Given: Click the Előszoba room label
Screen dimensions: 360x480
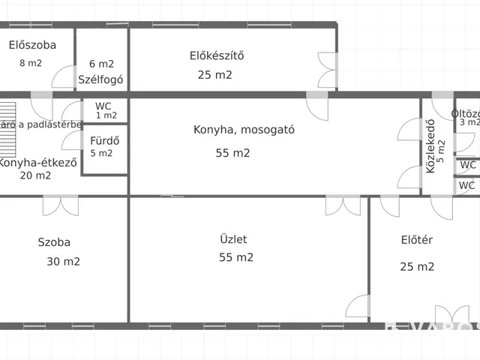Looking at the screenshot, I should [32, 45].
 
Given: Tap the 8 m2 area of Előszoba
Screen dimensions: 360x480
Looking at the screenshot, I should [31, 63].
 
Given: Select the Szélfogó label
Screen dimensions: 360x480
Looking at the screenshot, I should [100, 79].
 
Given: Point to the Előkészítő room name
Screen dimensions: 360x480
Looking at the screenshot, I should [217, 55].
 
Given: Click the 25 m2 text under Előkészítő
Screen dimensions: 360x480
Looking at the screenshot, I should [215, 75].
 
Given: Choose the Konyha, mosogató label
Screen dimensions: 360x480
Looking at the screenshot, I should [244, 129].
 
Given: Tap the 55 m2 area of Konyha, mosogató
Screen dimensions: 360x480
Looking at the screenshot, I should [232, 153].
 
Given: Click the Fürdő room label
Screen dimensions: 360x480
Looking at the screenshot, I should [103, 140].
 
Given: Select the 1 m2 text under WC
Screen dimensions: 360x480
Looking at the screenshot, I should [106, 115].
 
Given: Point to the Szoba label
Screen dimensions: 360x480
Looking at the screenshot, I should [54, 242].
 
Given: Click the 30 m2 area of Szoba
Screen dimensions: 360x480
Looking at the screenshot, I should [63, 262].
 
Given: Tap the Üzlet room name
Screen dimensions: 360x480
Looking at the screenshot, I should [233, 240].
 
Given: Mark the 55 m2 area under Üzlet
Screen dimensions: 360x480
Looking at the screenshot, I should [236, 257].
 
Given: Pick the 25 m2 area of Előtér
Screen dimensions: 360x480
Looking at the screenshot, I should [417, 266].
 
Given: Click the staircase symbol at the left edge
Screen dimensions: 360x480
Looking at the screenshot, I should [8, 115].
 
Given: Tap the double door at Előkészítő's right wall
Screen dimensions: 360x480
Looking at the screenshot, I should [328, 71].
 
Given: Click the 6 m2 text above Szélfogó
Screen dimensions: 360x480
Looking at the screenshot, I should [101, 64].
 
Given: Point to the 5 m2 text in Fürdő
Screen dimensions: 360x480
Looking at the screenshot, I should [101, 153].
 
